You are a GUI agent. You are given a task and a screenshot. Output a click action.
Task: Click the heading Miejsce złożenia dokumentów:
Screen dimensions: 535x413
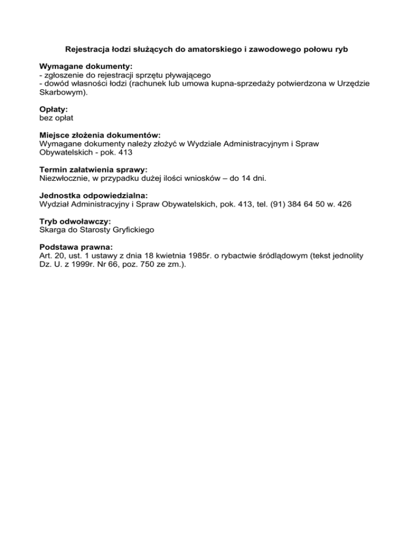(100, 136)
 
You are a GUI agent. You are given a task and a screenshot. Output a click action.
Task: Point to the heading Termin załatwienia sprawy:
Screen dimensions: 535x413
(93, 169)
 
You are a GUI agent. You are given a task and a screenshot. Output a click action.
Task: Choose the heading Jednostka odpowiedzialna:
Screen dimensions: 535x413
(94, 195)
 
